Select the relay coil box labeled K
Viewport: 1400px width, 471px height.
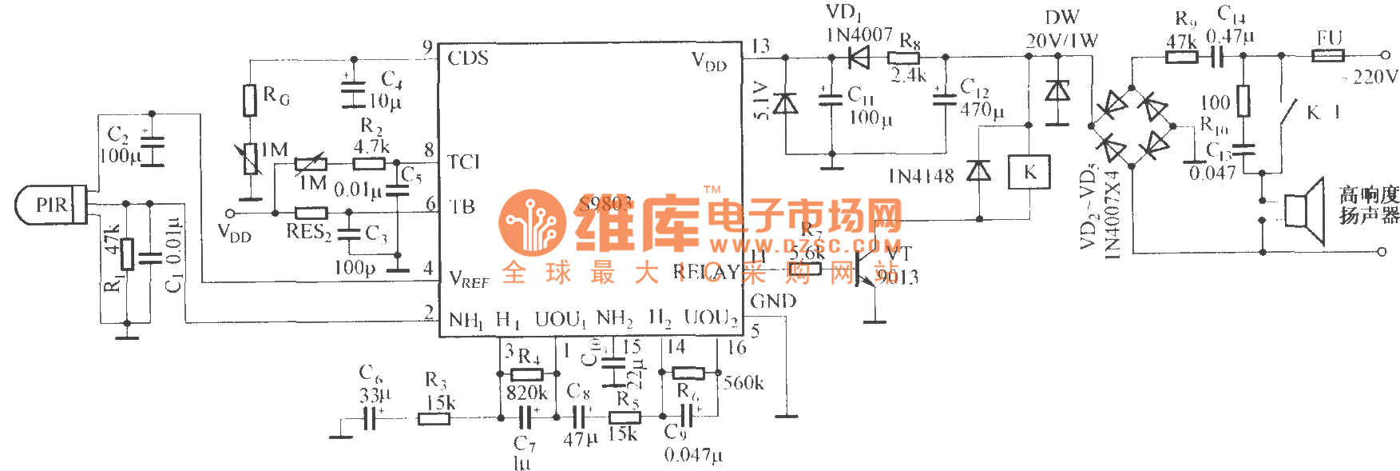click(1029, 172)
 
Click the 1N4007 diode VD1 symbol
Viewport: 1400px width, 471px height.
click(858, 57)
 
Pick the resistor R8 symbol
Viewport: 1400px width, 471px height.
click(903, 58)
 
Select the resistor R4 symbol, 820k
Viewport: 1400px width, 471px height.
click(526, 373)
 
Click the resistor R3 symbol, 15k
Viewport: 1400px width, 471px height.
click(434, 417)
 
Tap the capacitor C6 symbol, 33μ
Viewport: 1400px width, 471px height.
click(370, 417)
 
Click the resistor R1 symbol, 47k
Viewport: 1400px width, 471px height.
click(127, 254)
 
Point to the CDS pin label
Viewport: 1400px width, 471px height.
click(468, 58)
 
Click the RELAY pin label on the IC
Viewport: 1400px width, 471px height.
click(706, 272)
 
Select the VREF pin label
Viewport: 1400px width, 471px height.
click(469, 279)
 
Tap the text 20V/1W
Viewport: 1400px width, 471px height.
click(1061, 40)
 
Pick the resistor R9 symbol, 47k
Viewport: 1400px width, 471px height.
click(1182, 56)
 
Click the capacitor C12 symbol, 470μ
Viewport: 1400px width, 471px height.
click(945, 98)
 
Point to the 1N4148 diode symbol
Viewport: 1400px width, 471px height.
click(978, 171)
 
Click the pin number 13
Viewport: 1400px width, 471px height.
click(760, 46)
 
